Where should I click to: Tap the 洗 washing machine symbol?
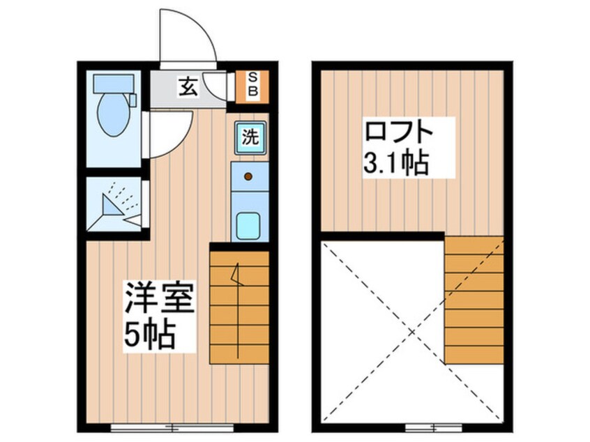coord(249,137)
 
